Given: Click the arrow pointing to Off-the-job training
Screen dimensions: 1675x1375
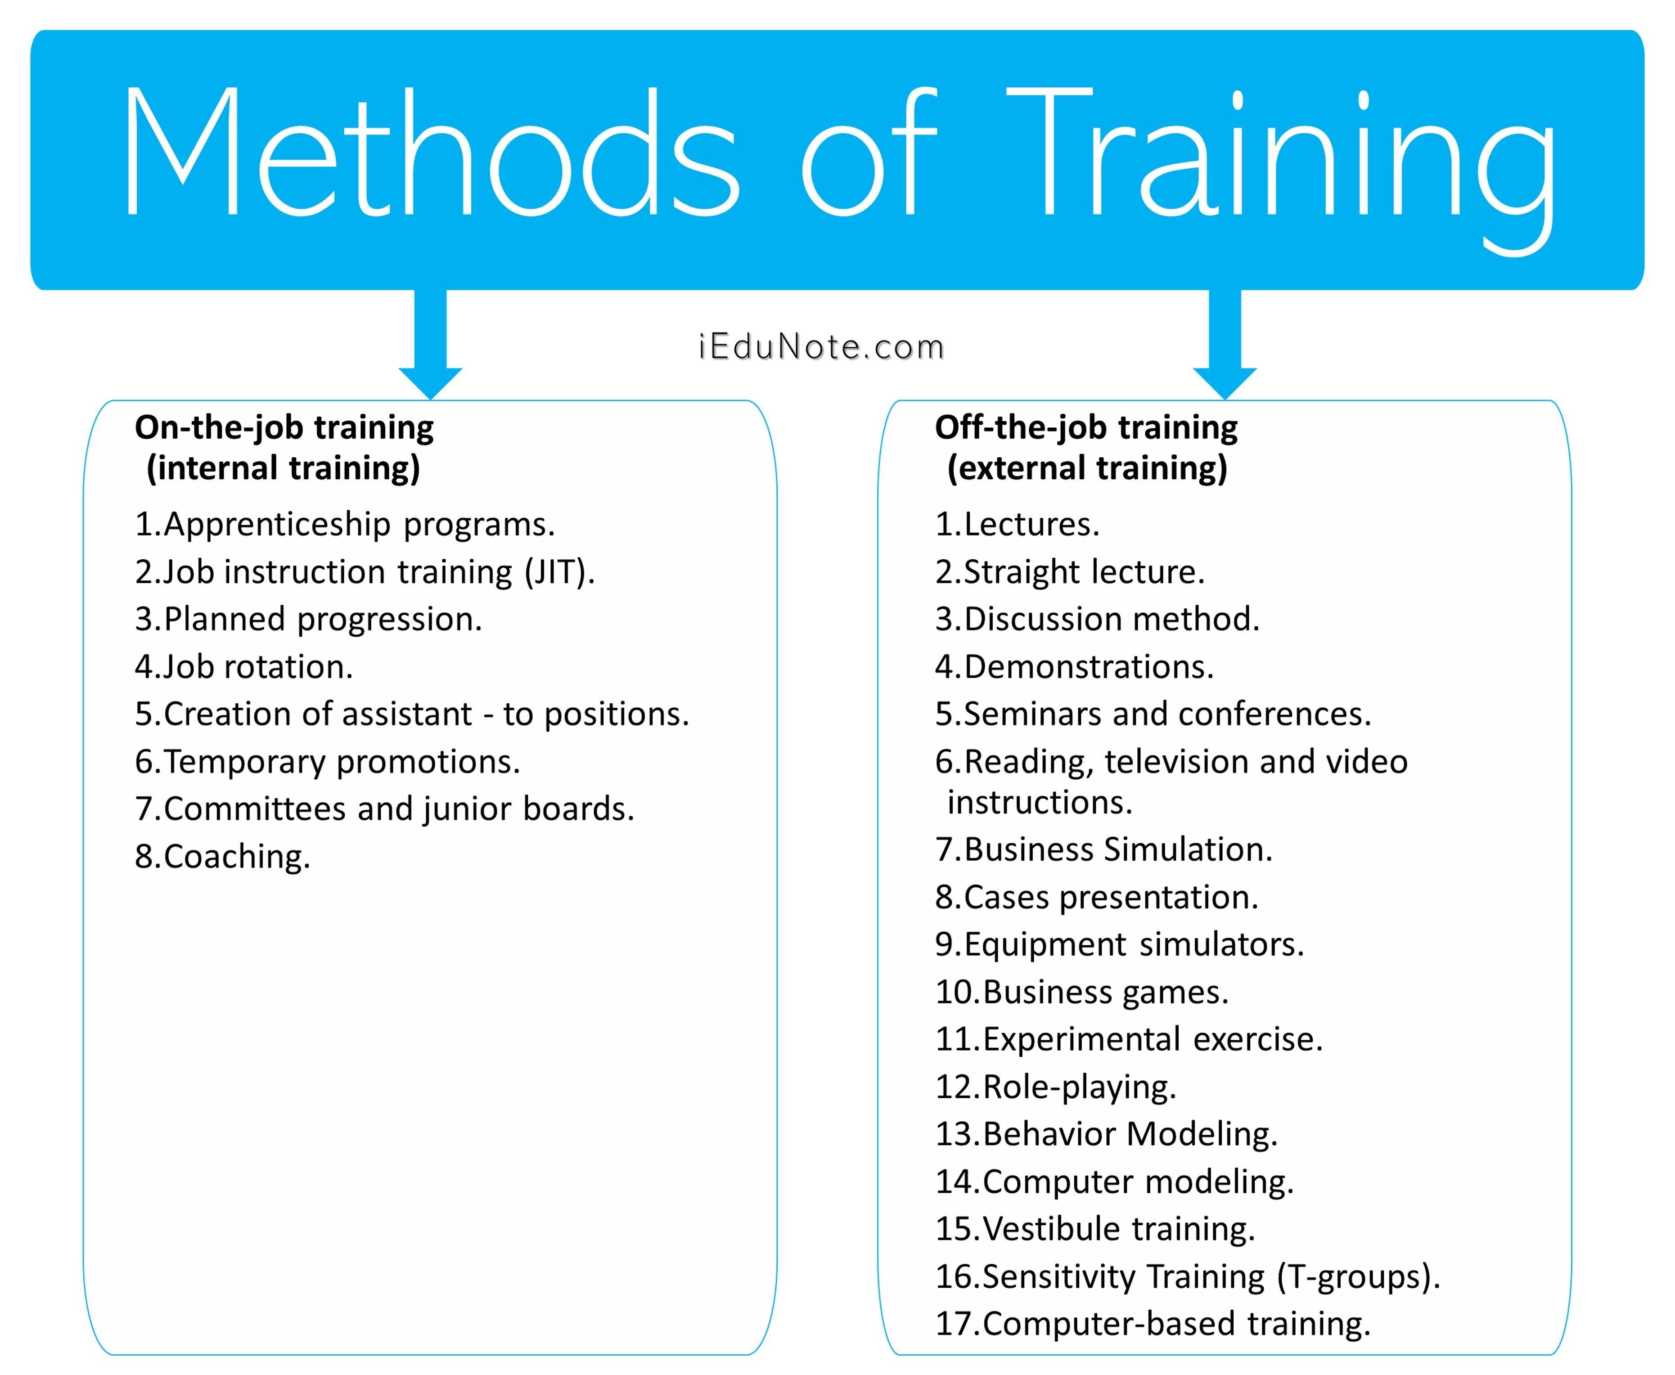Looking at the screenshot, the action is click(1225, 345).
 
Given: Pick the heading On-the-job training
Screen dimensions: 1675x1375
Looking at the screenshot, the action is click(284, 428).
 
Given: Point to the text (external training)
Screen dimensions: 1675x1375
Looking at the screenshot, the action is click(1087, 468).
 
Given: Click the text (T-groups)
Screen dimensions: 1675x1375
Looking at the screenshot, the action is click(1358, 1277).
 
